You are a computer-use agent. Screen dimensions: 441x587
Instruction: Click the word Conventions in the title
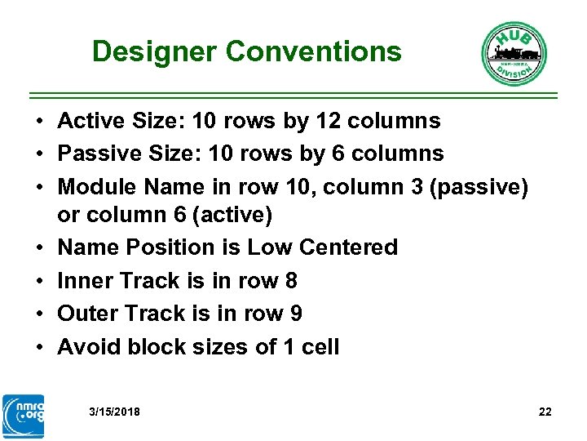pos(314,52)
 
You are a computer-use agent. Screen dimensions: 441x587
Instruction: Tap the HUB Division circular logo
pos(514,54)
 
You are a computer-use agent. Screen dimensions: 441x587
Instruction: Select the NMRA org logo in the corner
pos(24,416)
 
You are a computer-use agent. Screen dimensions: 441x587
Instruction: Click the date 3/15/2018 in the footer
pos(114,412)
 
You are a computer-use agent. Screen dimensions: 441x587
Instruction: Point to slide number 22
pos(545,412)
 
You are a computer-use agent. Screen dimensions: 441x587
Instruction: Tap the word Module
pos(97,187)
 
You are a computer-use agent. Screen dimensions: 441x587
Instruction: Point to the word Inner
pos(85,281)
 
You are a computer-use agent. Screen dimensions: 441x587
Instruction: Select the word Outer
pos(86,314)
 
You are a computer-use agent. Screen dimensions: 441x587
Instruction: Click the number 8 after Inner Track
pos(291,281)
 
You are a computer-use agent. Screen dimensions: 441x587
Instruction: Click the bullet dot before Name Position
pos(39,248)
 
